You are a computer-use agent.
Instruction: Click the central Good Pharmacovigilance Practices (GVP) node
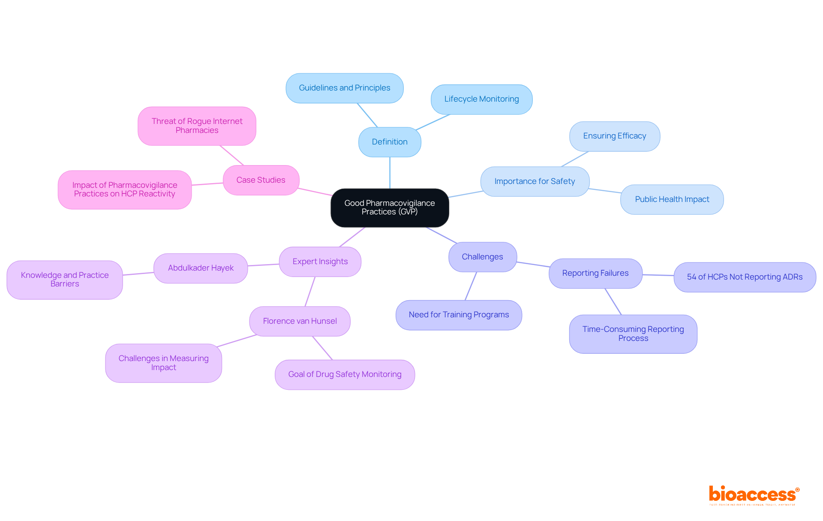pyautogui.click(x=390, y=208)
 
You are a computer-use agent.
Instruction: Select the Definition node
pyautogui.click(x=390, y=142)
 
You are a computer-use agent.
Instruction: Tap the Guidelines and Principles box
pyautogui.click(x=344, y=88)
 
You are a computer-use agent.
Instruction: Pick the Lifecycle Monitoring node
pyautogui.click(x=481, y=99)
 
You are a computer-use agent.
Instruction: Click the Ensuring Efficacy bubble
pyautogui.click(x=614, y=136)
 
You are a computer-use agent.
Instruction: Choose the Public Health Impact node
pyautogui.click(x=672, y=199)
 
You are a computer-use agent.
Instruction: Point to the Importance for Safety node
pyautogui.click(x=535, y=181)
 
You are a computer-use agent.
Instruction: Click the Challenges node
pyautogui.click(x=482, y=257)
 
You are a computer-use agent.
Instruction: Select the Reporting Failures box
pyautogui.click(x=595, y=273)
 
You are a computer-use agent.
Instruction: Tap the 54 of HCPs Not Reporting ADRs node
pyautogui.click(x=745, y=277)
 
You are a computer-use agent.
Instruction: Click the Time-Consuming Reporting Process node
pyautogui.click(x=633, y=334)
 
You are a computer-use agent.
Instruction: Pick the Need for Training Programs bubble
pyautogui.click(x=459, y=315)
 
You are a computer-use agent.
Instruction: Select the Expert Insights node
pyautogui.click(x=320, y=262)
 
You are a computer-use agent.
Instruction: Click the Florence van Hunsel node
pyautogui.click(x=300, y=321)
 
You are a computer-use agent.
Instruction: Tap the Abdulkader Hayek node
pyautogui.click(x=201, y=268)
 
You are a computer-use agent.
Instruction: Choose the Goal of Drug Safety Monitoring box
pyautogui.click(x=345, y=374)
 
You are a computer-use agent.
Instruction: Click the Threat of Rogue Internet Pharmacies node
pyautogui.click(x=197, y=126)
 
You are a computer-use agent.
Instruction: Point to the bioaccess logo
pyautogui.click(x=754, y=495)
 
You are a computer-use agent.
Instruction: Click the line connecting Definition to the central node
pyautogui.click(x=390, y=173)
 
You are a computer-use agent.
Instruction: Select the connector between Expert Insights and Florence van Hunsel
pyautogui.click(x=310, y=292)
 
